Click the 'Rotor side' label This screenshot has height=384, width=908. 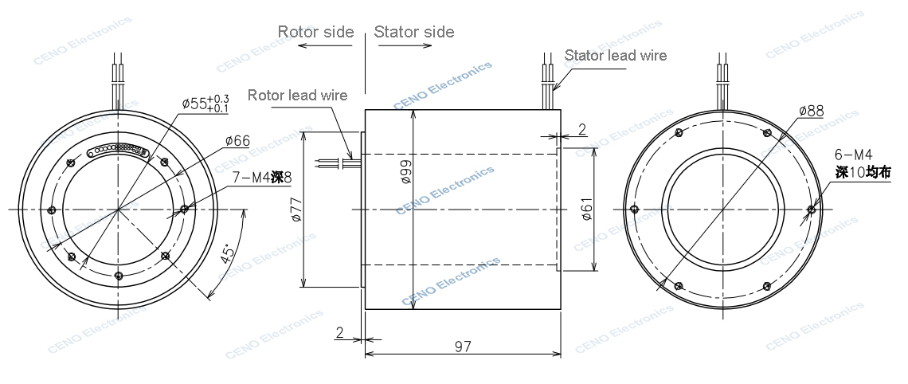(315, 32)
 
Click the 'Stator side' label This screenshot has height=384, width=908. (414, 32)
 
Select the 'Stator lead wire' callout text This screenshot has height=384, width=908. (615, 56)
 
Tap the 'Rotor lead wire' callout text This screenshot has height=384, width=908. (297, 95)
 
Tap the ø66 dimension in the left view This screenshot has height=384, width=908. (237, 141)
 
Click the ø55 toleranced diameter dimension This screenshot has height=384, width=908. (205, 103)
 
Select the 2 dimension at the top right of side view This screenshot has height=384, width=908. (581, 128)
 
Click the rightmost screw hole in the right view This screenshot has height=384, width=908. (811, 210)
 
